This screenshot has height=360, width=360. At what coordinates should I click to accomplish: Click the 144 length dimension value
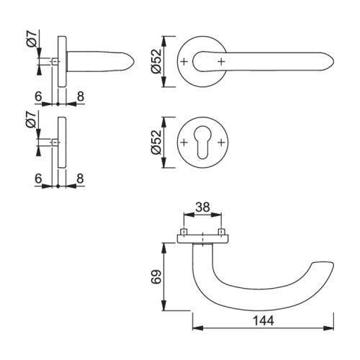click(x=263, y=320)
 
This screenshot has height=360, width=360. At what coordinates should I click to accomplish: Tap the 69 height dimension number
click(x=157, y=277)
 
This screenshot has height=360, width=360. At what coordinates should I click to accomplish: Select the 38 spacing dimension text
click(x=202, y=207)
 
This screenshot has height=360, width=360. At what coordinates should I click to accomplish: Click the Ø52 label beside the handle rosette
click(x=156, y=61)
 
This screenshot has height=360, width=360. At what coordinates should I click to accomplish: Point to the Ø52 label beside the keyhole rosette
click(x=156, y=143)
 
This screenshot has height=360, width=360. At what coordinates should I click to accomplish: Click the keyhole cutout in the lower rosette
click(x=202, y=142)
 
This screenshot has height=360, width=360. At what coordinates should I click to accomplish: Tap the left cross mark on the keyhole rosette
click(x=184, y=143)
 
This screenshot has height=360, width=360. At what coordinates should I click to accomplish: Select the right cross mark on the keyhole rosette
click(x=221, y=143)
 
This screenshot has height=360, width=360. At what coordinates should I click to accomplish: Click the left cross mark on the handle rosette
click(x=184, y=62)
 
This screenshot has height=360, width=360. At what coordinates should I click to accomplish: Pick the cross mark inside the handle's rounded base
click(x=221, y=62)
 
